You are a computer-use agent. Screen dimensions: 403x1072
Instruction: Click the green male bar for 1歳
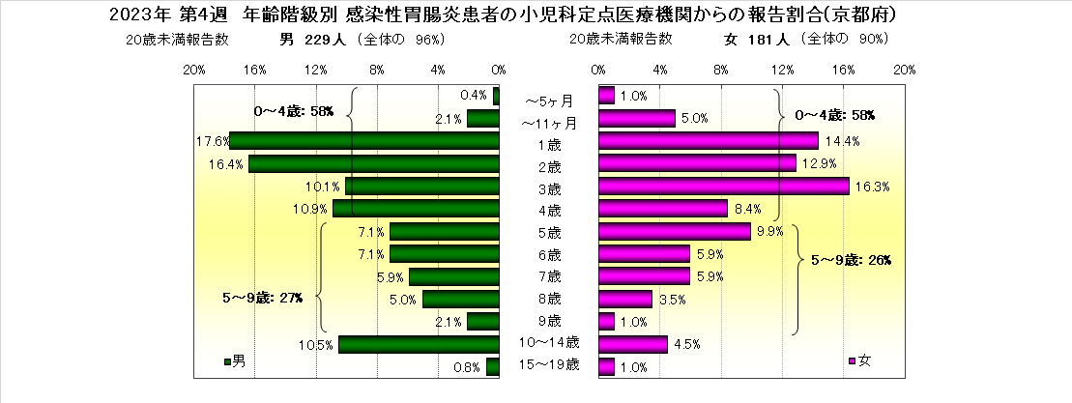(x=364, y=140)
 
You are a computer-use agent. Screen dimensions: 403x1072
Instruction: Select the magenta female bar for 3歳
(x=724, y=186)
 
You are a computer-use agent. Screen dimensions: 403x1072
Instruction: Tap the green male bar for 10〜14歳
(x=419, y=344)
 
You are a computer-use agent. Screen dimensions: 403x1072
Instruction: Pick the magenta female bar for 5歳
(x=675, y=231)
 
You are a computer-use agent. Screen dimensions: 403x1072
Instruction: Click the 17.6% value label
(x=212, y=141)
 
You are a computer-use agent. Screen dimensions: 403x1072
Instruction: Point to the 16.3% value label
(x=869, y=187)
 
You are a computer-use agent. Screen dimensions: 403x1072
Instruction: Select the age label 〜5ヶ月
(x=548, y=98)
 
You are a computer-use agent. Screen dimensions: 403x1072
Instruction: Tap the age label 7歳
(x=548, y=276)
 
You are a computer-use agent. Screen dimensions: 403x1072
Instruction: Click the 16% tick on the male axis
(x=255, y=70)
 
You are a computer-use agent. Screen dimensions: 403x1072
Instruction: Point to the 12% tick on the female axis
(x=782, y=70)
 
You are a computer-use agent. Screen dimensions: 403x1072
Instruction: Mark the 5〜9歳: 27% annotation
(x=261, y=298)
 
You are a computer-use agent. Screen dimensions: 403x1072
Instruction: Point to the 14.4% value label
(x=840, y=141)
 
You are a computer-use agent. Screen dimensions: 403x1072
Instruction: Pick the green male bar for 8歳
(x=460, y=299)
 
